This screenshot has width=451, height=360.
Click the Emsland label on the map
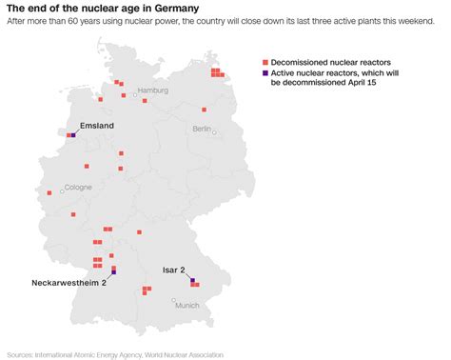(x=97, y=126)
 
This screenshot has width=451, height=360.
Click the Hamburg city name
(x=152, y=90)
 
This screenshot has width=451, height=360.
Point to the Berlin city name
(x=202, y=128)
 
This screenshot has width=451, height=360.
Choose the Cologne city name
(x=78, y=188)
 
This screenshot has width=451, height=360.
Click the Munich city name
(x=186, y=305)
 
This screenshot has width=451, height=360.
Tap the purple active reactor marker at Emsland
(x=72, y=135)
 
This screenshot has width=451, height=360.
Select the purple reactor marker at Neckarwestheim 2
(x=113, y=273)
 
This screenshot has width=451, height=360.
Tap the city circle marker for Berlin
(x=215, y=133)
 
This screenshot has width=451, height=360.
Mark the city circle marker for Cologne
(x=63, y=192)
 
